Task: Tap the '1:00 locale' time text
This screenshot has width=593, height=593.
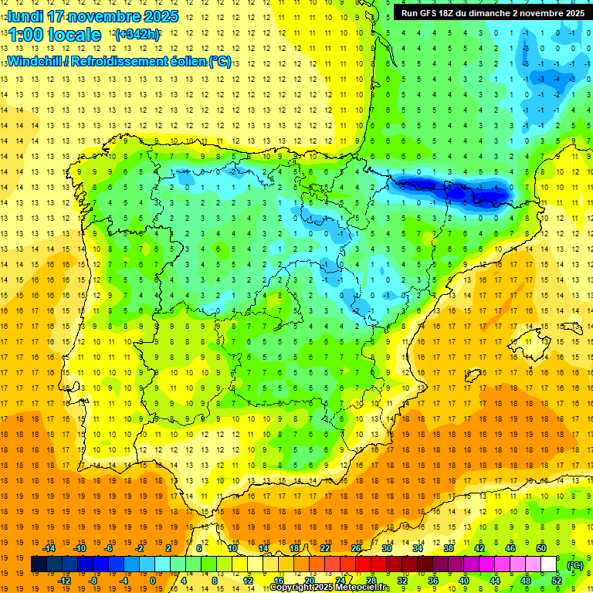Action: (x=54, y=35)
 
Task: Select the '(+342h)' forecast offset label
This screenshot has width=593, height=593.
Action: (x=137, y=35)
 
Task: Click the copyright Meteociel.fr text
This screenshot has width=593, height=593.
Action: (x=330, y=588)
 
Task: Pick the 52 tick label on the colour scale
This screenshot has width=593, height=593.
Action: (x=557, y=581)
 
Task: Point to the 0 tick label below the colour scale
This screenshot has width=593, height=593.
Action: (x=153, y=581)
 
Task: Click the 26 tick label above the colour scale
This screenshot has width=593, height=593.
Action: (x=356, y=548)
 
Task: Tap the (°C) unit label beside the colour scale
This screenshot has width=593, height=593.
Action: (x=575, y=565)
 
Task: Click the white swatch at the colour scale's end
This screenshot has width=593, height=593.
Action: (x=549, y=564)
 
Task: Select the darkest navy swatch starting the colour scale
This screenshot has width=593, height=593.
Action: (x=39, y=564)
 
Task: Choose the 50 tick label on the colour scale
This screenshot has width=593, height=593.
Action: (x=541, y=548)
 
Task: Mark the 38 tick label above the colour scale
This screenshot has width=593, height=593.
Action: (x=449, y=548)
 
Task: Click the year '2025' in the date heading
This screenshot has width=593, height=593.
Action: (x=161, y=16)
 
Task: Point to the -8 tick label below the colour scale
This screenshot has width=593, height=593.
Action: (x=92, y=581)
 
